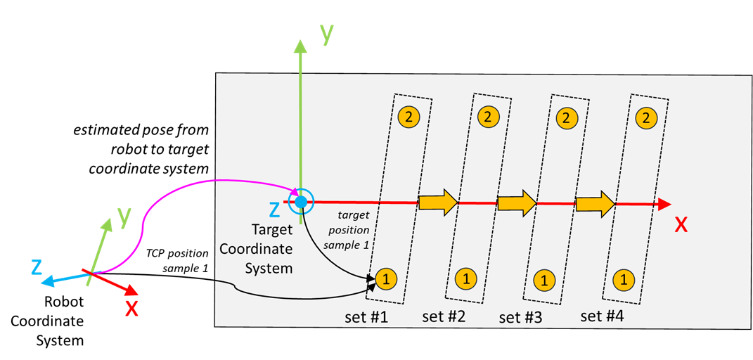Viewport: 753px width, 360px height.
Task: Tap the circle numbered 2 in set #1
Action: (x=408, y=116)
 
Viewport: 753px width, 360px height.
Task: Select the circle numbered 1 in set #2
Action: (x=465, y=277)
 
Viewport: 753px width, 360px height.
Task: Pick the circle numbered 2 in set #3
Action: (x=566, y=116)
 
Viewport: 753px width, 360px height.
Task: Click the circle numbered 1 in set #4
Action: (x=624, y=278)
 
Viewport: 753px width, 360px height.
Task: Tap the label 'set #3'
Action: (x=520, y=318)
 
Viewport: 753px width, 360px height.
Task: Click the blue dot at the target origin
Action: (x=301, y=202)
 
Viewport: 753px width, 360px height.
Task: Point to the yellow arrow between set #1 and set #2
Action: (x=438, y=202)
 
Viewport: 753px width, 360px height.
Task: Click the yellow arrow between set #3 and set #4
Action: (x=596, y=203)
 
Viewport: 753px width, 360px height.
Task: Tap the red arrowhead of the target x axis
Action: (x=664, y=205)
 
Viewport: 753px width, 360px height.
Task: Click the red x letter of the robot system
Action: (x=131, y=308)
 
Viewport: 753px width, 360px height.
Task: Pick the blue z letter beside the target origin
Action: (x=274, y=210)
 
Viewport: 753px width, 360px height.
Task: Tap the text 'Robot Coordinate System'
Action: (x=64, y=321)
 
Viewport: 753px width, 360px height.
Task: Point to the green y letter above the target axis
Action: (x=326, y=35)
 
